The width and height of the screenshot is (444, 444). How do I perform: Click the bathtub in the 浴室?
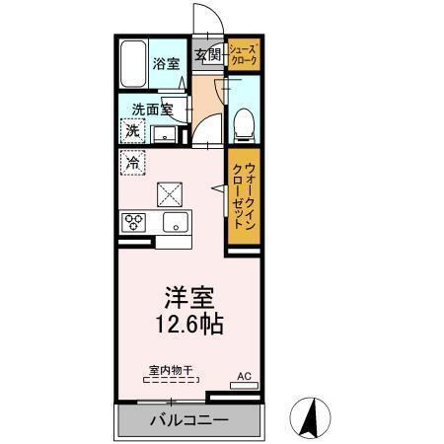pos(133,64)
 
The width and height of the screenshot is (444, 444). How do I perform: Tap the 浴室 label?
pos(166,64)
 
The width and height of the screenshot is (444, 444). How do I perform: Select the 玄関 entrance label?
pos(208,54)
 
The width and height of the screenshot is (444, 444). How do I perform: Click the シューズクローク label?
pos(243,55)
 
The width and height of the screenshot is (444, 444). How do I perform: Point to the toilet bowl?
pos(244,125)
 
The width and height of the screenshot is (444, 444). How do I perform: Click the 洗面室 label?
pos(152,110)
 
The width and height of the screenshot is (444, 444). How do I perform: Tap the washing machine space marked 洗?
pos(132,131)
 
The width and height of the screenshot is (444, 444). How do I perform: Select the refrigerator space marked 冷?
pos(133,163)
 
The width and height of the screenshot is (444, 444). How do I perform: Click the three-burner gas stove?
pos(133,222)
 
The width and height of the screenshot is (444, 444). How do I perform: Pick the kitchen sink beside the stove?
pos(176,222)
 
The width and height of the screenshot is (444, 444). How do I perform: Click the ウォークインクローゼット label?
pos(244,196)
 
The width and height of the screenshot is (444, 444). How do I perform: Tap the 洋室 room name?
pos(189,298)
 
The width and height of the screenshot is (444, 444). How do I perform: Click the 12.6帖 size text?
pos(189,324)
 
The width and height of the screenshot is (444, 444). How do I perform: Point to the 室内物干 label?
pos(171,371)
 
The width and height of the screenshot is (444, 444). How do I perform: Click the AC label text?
pos(244,377)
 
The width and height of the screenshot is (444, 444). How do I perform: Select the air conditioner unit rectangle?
pos(244,386)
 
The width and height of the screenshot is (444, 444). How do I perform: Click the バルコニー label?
pos(189,420)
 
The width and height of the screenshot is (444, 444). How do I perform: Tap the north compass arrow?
pos(311,418)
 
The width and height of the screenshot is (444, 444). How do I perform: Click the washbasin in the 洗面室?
pos(165,134)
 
